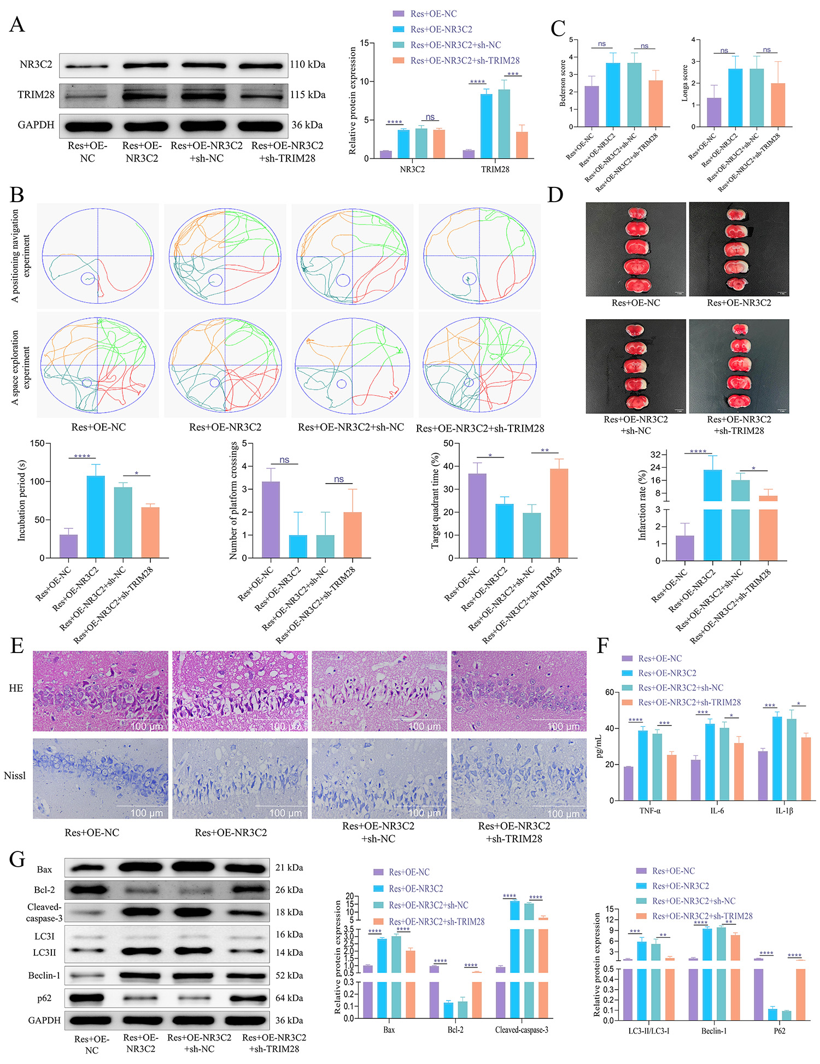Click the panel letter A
17,25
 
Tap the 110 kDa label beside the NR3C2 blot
308,64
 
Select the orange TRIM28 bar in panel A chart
522,145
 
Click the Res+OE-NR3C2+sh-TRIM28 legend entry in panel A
465,61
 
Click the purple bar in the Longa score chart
714,113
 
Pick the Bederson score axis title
563,83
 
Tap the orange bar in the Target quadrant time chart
559,513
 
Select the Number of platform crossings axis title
233,500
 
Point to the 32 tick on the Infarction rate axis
655,455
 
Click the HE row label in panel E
16,689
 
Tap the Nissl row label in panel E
15,775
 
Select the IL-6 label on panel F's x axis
717,811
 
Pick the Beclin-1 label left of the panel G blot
44,975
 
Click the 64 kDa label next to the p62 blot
289,998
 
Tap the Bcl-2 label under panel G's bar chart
455,1030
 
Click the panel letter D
555,195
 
